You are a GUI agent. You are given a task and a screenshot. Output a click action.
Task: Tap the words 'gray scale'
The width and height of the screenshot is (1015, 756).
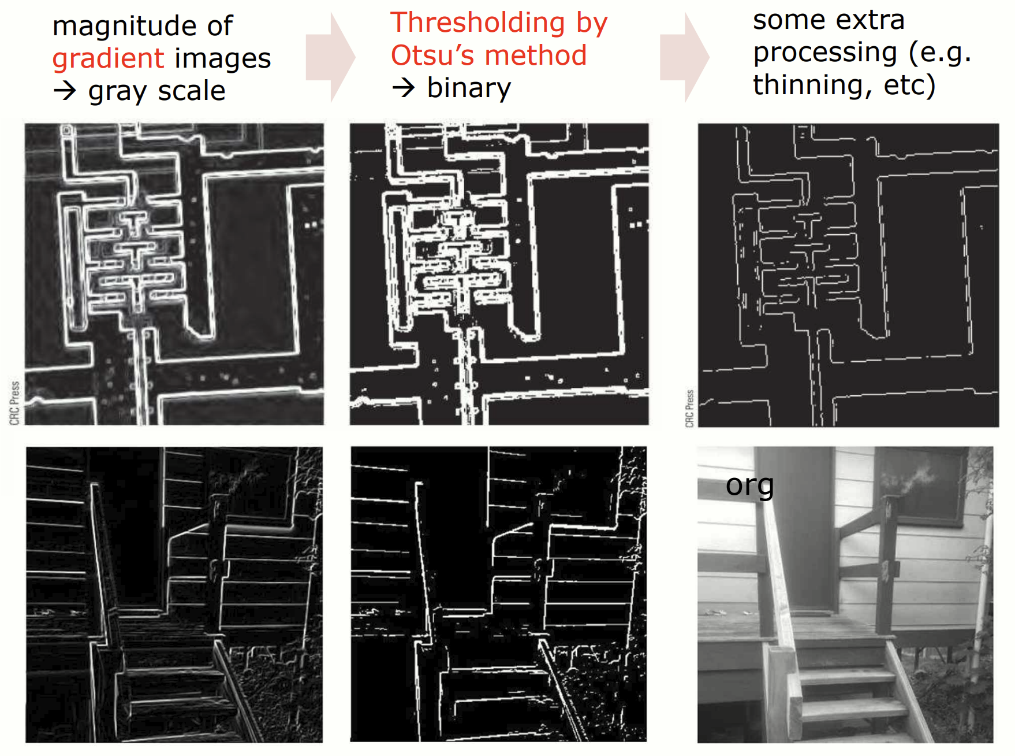[x=156, y=91]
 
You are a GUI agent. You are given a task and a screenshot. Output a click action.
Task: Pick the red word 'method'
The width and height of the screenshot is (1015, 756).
[x=536, y=55]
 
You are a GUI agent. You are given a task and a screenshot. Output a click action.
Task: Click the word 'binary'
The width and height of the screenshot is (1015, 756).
[x=469, y=88]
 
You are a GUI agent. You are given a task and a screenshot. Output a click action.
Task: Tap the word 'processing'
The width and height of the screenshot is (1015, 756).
[x=825, y=53]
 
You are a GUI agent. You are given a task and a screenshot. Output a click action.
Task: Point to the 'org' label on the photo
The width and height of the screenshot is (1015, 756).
[x=749, y=486]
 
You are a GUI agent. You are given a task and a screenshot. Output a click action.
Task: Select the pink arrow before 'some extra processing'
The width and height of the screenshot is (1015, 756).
[x=685, y=57]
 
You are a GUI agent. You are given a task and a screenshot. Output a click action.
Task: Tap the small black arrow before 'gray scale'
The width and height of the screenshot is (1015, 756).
[x=65, y=91]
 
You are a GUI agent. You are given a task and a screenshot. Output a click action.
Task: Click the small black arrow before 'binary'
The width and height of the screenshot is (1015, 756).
[x=404, y=88]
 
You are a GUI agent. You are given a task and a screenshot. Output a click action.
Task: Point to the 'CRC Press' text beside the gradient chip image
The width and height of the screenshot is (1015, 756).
[x=14, y=403]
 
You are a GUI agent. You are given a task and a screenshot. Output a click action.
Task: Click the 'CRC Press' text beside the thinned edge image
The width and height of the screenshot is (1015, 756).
[x=689, y=409]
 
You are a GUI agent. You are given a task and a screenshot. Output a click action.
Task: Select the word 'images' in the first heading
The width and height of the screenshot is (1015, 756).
[x=223, y=59]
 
